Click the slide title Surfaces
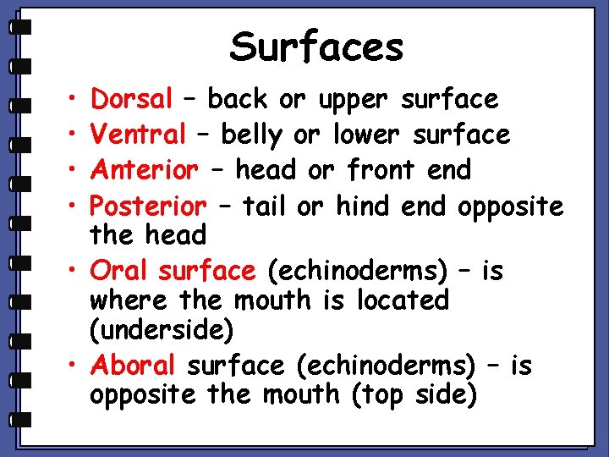click(x=316, y=47)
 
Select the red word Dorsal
click(x=132, y=100)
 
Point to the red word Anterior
click(x=145, y=170)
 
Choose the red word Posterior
click(x=148, y=206)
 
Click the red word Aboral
click(x=133, y=366)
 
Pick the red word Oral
click(x=118, y=271)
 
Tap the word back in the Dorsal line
click(x=238, y=100)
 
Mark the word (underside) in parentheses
click(x=161, y=330)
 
